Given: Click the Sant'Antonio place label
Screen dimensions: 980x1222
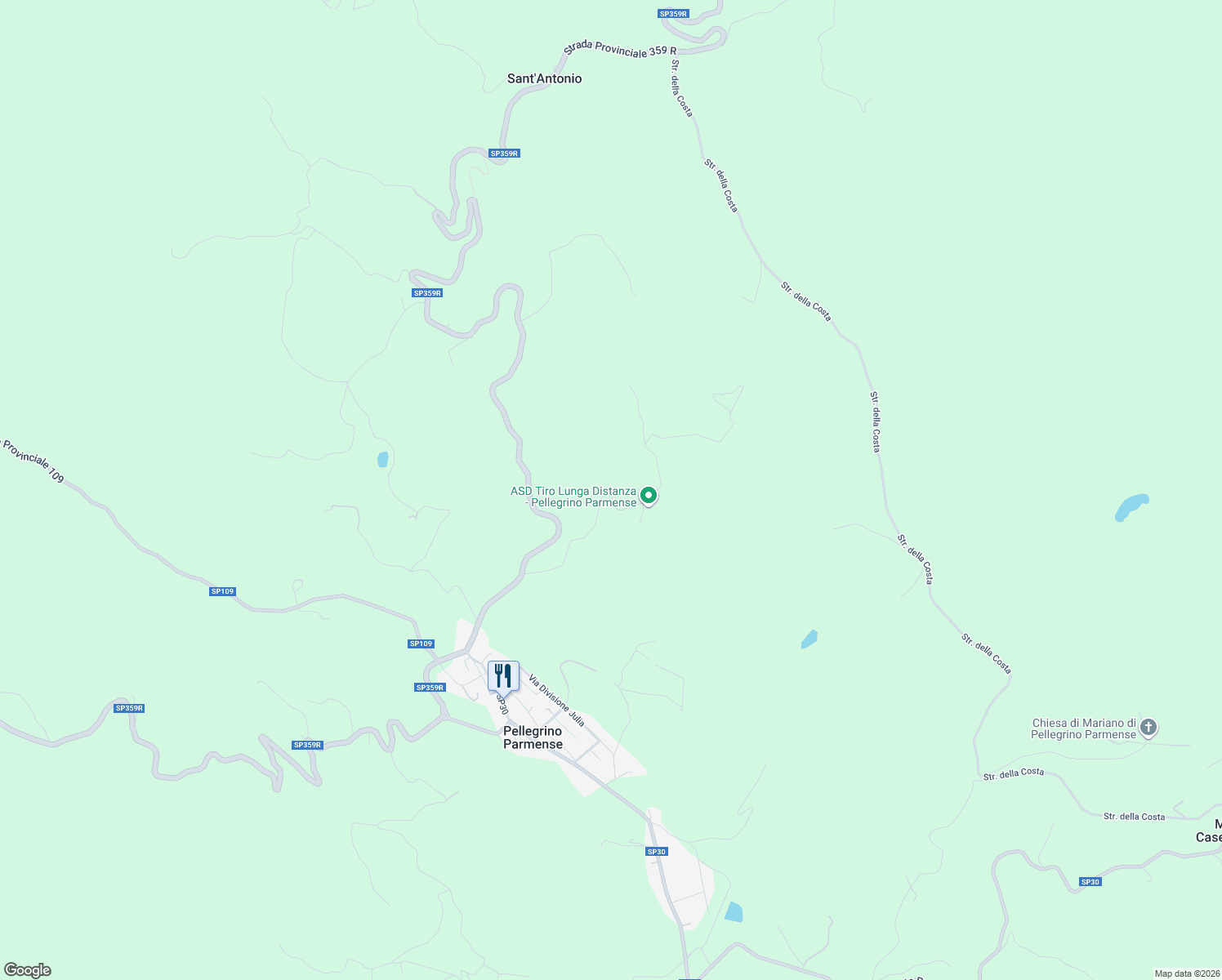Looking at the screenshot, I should (544, 78).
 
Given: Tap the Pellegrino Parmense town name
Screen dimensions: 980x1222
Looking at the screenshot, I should (533, 737).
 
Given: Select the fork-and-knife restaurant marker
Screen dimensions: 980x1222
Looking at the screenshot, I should (503, 676).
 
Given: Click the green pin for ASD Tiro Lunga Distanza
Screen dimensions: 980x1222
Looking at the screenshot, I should (649, 495).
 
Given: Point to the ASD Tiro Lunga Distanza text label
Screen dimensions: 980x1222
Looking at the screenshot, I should (573, 497).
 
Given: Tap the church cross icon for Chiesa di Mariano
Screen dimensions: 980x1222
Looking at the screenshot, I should (1148, 727).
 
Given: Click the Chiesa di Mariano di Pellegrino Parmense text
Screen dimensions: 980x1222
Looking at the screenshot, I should (1083, 728).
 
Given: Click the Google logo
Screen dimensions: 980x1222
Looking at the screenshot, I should (28, 970).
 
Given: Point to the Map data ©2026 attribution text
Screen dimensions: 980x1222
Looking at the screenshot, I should (1185, 973).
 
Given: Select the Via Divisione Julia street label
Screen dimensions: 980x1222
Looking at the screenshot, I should (557, 701).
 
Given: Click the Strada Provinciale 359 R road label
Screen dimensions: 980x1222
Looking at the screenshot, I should (621, 50).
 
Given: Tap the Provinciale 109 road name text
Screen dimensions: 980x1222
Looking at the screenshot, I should (33, 461).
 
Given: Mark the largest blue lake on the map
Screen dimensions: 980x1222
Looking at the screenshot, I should (1132, 507).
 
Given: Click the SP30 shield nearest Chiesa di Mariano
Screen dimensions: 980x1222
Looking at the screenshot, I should (1090, 882).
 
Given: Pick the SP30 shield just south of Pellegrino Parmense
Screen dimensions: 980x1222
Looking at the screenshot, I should (657, 852).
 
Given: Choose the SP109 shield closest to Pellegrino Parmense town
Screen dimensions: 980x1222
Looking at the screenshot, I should (421, 644).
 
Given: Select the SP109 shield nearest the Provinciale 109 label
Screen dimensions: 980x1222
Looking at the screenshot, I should (222, 591).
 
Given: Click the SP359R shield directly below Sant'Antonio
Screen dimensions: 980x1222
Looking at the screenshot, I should (504, 154).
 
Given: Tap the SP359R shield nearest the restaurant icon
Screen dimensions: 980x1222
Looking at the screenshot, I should (430, 688).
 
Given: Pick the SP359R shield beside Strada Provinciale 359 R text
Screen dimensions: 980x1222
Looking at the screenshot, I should (673, 14).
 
